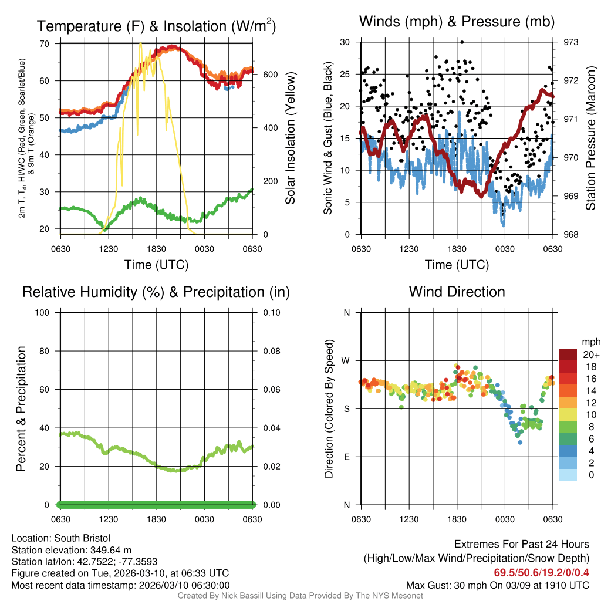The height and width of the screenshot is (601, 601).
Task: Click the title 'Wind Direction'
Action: coord(457,292)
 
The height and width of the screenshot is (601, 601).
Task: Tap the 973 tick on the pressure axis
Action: coord(570,42)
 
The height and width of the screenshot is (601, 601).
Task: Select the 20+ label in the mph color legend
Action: coord(591,354)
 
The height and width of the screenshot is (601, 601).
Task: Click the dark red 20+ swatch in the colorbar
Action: coord(568,354)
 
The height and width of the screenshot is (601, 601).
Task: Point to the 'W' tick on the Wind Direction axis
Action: coord(346,360)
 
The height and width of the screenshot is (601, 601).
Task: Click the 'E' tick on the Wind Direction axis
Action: coord(347,457)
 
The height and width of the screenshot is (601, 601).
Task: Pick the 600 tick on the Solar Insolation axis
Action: coord(270,75)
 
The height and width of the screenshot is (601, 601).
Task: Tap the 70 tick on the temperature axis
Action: coord(45,43)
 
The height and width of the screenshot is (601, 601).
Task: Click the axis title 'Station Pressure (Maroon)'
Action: coord(591,138)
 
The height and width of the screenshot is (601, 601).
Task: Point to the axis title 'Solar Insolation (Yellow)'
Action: coord(290,138)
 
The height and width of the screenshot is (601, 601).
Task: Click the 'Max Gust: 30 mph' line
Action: coord(497,585)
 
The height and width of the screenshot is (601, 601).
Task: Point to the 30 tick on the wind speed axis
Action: coord(345,42)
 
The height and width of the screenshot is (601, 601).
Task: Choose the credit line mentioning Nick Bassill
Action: coord(300,596)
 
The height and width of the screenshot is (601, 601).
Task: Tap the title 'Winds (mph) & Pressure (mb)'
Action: coord(457,22)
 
